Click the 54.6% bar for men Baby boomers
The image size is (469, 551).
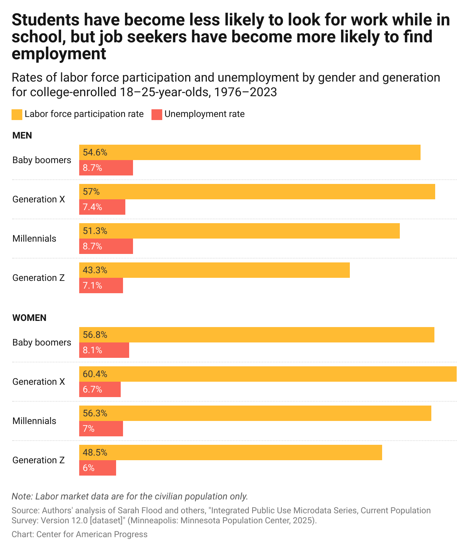(x=250, y=152)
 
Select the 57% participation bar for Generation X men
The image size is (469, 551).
(x=257, y=192)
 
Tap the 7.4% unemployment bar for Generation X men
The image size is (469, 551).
(x=102, y=207)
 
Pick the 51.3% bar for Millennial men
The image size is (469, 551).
(x=239, y=231)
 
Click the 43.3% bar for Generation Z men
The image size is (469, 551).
(x=215, y=270)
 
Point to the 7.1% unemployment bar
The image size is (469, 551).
(x=101, y=286)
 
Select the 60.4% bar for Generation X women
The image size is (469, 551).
(x=268, y=374)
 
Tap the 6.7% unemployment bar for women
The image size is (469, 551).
(x=100, y=389)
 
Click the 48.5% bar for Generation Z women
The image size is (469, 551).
(x=231, y=452)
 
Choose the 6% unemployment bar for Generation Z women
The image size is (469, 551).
(x=98, y=468)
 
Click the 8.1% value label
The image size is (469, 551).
(x=93, y=350)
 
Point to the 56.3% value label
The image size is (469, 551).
(x=95, y=413)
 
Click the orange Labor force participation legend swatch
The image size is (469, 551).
(x=17, y=114)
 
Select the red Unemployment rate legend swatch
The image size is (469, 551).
(x=157, y=114)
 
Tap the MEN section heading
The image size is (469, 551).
(x=22, y=135)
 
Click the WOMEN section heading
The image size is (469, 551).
(x=29, y=318)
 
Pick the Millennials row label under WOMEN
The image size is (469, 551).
(x=34, y=421)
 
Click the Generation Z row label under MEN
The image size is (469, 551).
(x=38, y=278)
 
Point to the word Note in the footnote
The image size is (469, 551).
(x=22, y=496)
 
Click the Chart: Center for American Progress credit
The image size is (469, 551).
(x=80, y=534)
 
